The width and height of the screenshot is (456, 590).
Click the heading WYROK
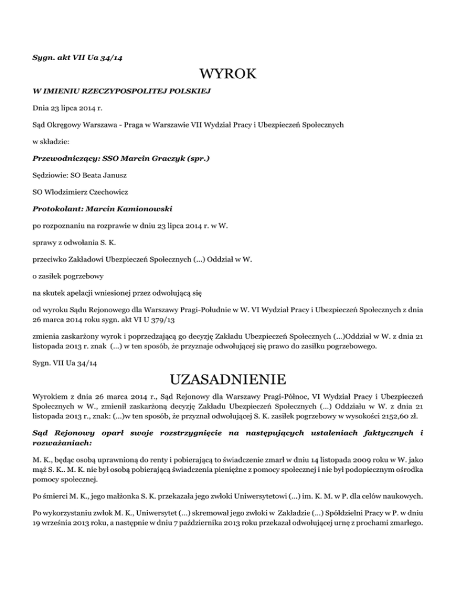[228, 74]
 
